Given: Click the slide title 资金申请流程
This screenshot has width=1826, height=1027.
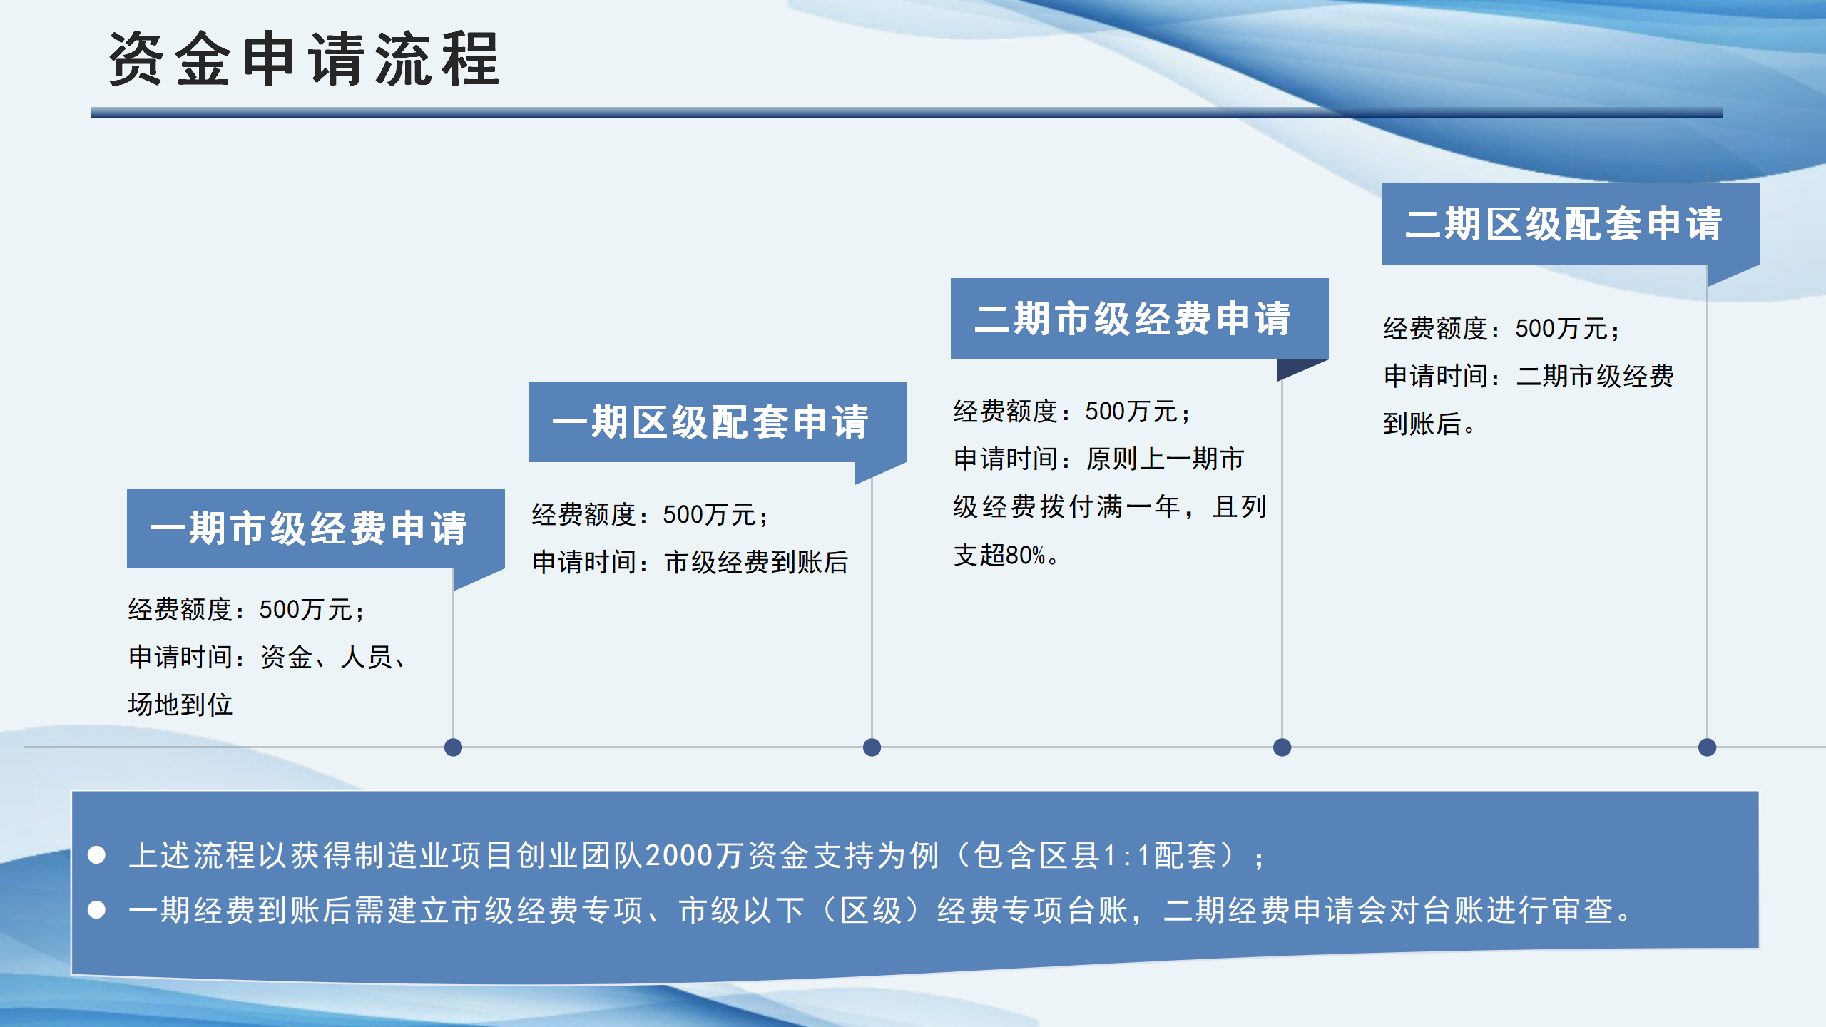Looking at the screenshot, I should click(x=304, y=60).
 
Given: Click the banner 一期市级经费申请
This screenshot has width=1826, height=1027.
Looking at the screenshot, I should click(x=308, y=528).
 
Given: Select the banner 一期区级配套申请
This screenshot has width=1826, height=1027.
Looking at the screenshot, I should click(x=710, y=422).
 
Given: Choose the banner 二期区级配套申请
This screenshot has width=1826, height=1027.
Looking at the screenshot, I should click(x=1564, y=224).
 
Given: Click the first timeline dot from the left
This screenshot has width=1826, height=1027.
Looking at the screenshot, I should click(x=453, y=747).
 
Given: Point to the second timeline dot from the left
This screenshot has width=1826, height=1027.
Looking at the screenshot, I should click(x=872, y=747).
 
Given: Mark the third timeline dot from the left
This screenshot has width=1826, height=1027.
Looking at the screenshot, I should click(x=1282, y=747).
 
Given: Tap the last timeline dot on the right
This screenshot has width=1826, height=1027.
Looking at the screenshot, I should click(x=1707, y=747).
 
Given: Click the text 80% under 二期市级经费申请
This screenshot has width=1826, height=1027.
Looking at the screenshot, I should click(x=1026, y=556).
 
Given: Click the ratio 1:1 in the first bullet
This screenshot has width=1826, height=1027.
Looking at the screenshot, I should click(x=1127, y=856).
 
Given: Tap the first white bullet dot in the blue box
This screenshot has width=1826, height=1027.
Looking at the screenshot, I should click(x=97, y=855).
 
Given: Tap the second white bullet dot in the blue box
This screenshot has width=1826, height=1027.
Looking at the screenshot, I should click(x=97, y=910).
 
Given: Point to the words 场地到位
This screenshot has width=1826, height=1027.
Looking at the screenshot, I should click(x=180, y=705).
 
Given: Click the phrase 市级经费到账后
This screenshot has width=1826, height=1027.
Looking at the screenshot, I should click(x=756, y=563).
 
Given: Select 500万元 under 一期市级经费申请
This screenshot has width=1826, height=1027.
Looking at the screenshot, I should click(x=306, y=610).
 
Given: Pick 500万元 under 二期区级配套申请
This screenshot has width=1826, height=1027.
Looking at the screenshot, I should click(x=1562, y=329).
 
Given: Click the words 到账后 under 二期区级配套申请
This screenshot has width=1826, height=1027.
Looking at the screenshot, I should click(x=1422, y=424).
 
